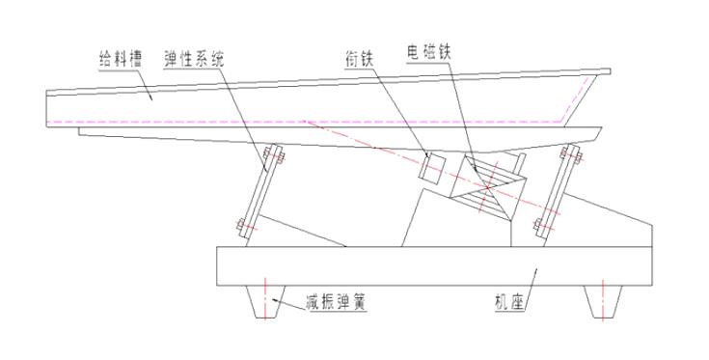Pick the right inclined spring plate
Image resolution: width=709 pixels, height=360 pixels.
tap(558, 189)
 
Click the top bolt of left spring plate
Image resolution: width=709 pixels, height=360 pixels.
tap(269, 155)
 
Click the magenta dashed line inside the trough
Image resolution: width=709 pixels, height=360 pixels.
tap(289, 122)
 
